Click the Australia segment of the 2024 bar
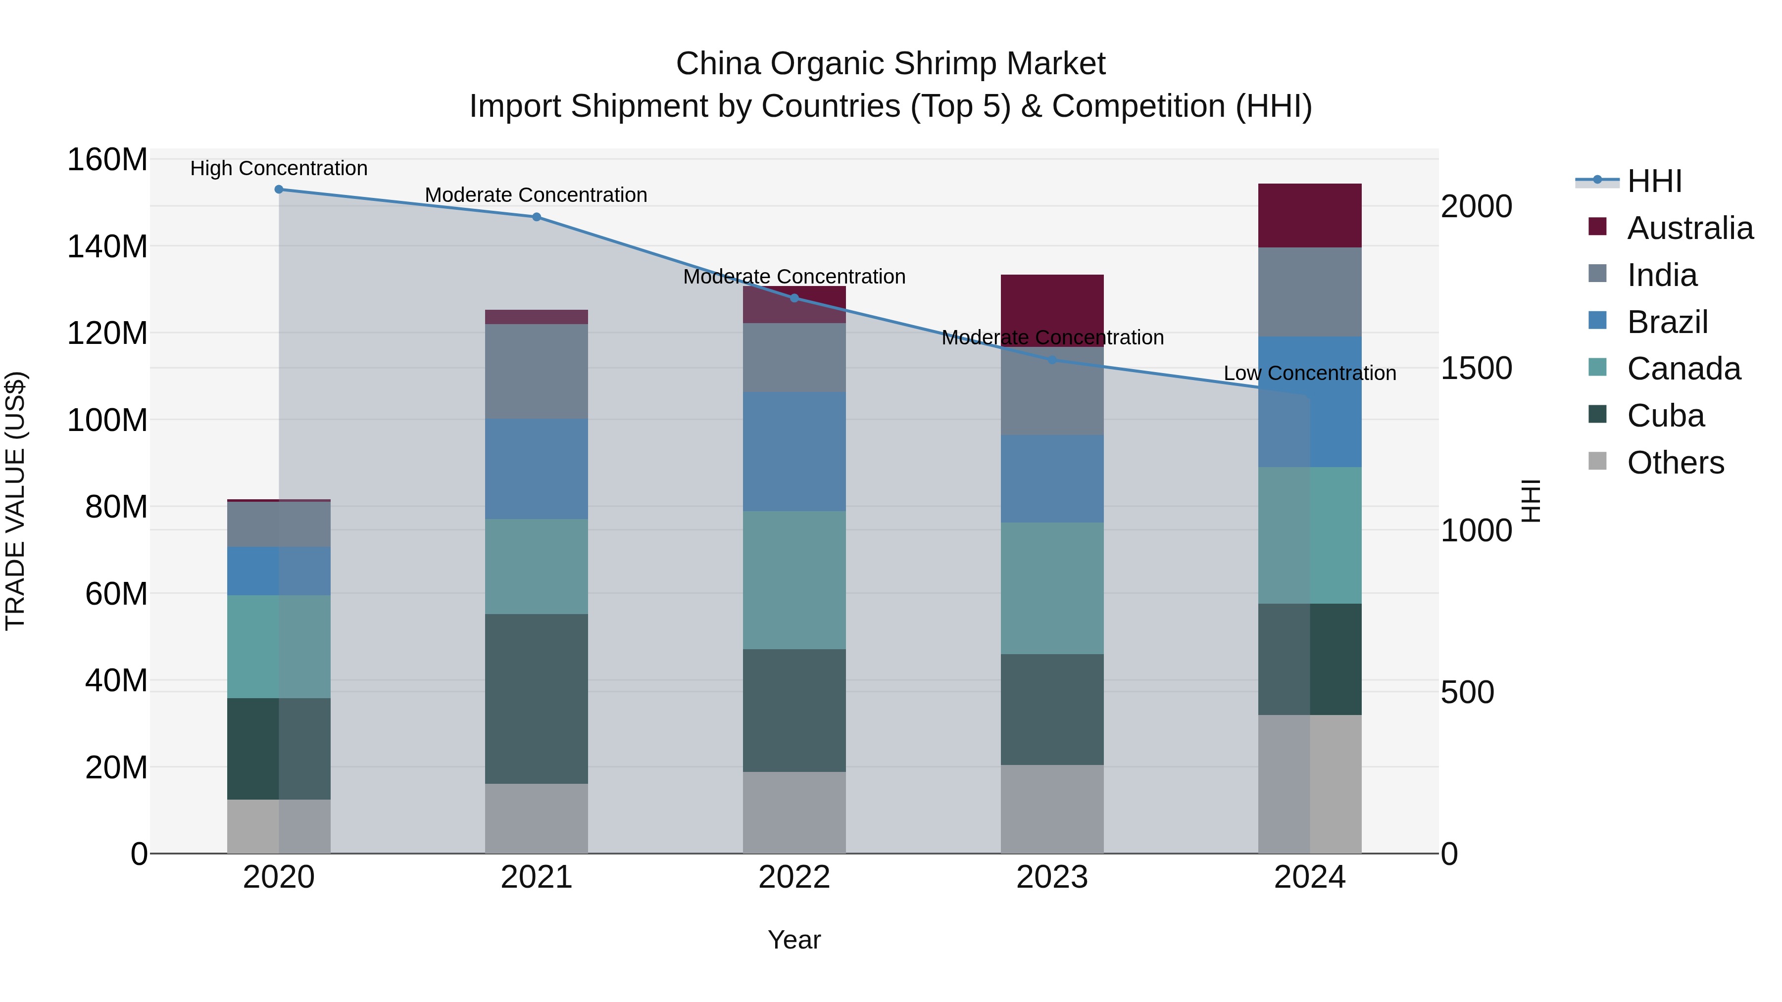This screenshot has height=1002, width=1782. (x=1309, y=215)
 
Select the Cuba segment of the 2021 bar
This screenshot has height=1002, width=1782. (x=536, y=698)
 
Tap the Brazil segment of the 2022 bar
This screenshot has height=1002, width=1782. (x=794, y=452)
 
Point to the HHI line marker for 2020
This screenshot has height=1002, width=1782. (x=279, y=190)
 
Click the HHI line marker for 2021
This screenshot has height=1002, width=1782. (x=536, y=217)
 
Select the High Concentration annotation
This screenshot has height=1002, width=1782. (x=279, y=169)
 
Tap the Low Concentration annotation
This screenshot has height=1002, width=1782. (x=1309, y=374)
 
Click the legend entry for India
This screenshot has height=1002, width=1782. (x=1662, y=275)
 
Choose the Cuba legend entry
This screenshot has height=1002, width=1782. (x=1665, y=416)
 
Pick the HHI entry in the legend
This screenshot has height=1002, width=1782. (x=1654, y=181)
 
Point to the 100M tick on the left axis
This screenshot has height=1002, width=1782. (x=107, y=420)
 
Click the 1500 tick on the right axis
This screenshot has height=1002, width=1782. (x=1476, y=369)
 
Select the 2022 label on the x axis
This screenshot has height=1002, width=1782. (x=794, y=877)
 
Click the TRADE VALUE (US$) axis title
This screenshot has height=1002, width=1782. (x=15, y=501)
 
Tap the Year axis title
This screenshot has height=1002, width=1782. (x=794, y=940)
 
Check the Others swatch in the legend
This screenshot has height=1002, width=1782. (x=1597, y=461)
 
